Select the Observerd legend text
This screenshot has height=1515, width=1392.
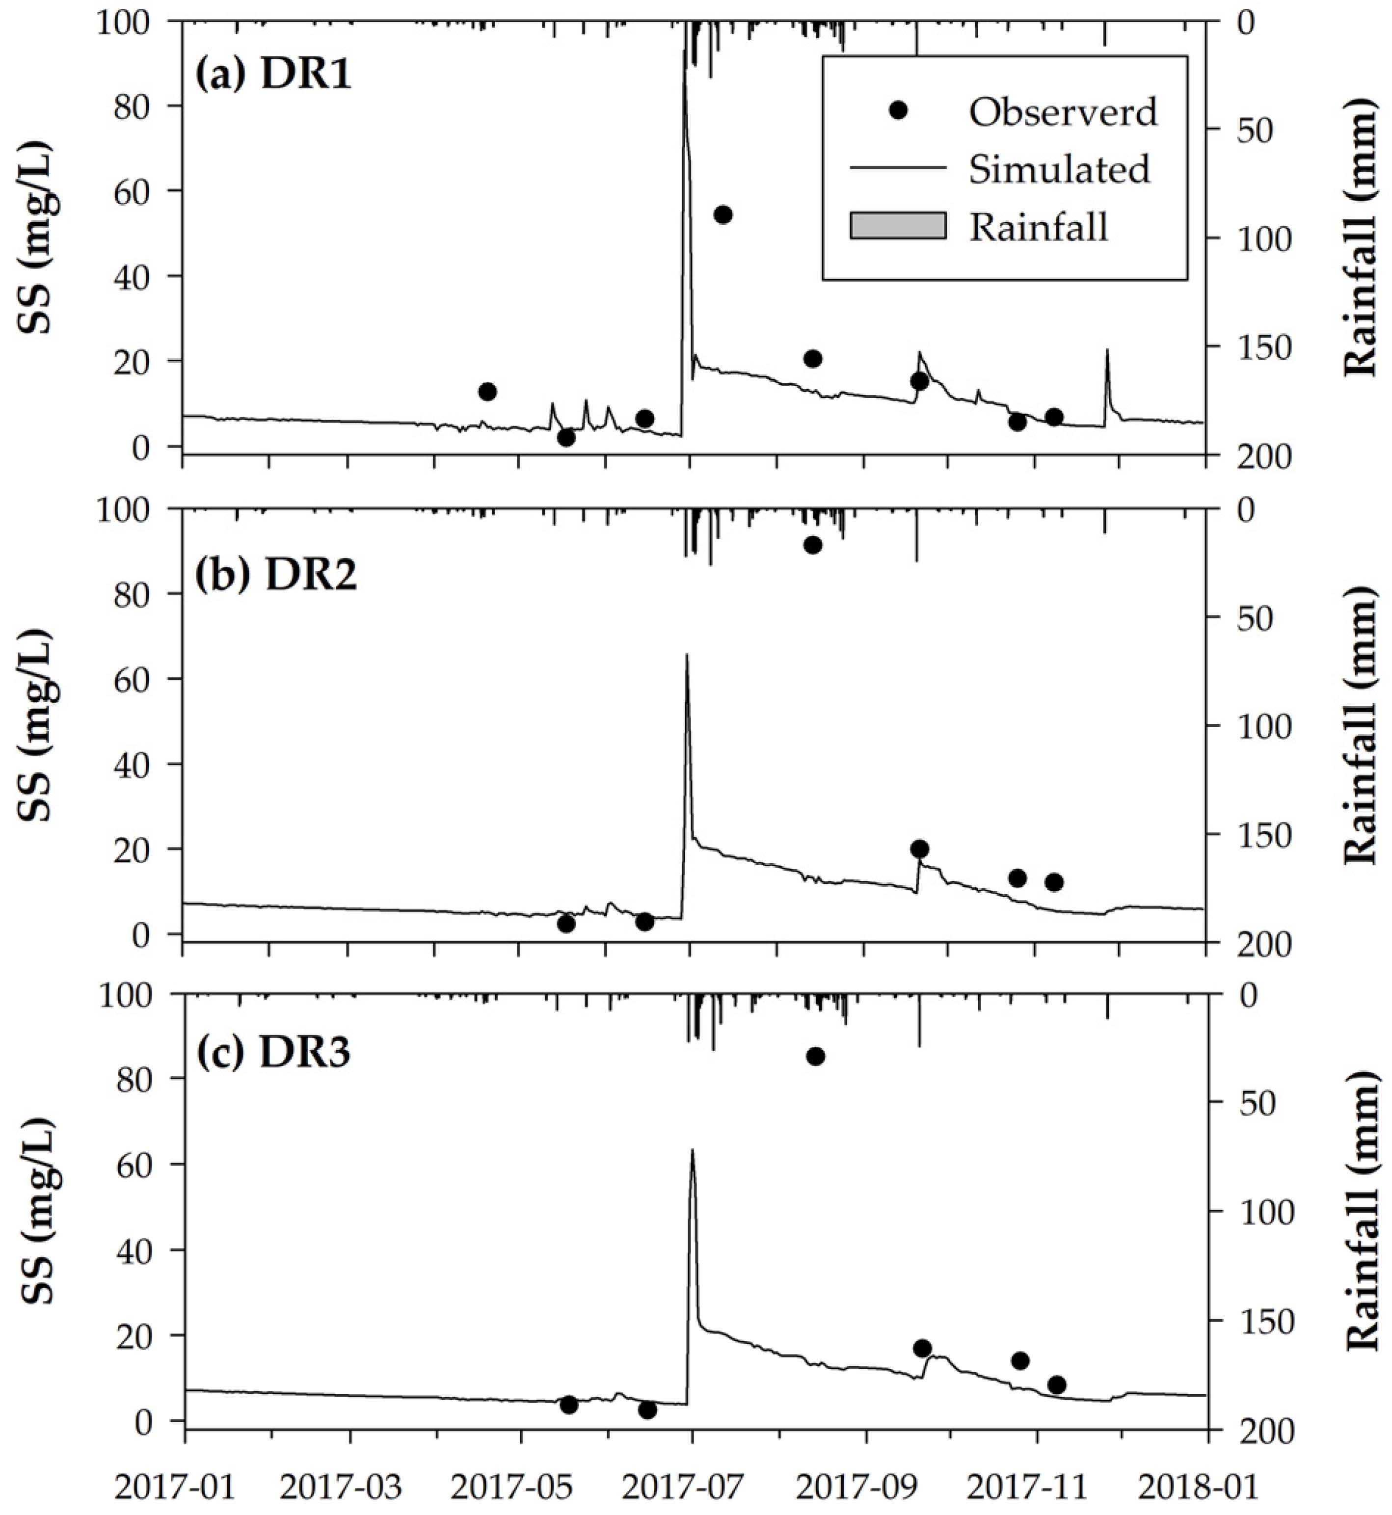(x=1063, y=112)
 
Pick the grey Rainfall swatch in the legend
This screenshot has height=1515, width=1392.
(x=898, y=226)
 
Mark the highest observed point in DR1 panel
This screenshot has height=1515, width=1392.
(x=723, y=214)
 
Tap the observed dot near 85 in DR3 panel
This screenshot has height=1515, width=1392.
(x=815, y=1057)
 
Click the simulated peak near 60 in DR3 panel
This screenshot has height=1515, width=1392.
(x=692, y=1151)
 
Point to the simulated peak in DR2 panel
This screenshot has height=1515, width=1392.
(x=686, y=656)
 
